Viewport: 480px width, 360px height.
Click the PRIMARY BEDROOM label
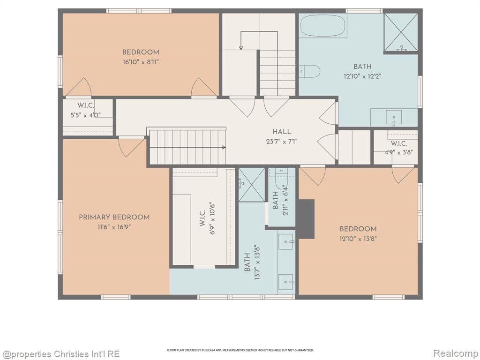point(114,217)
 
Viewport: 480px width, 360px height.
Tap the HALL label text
point(282,132)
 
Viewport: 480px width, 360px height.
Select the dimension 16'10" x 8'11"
point(141,62)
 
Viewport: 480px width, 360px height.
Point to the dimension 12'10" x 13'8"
point(358,239)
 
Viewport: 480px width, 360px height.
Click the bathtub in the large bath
point(323,26)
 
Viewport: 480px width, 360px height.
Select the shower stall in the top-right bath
point(401,32)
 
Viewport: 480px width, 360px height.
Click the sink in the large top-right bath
point(394,118)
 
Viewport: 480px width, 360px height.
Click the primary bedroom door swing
point(130,148)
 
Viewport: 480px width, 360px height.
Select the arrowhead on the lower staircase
point(224,148)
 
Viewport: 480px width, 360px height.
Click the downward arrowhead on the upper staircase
point(241,48)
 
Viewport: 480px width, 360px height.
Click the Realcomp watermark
point(455,353)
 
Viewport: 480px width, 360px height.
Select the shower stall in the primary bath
point(252,185)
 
